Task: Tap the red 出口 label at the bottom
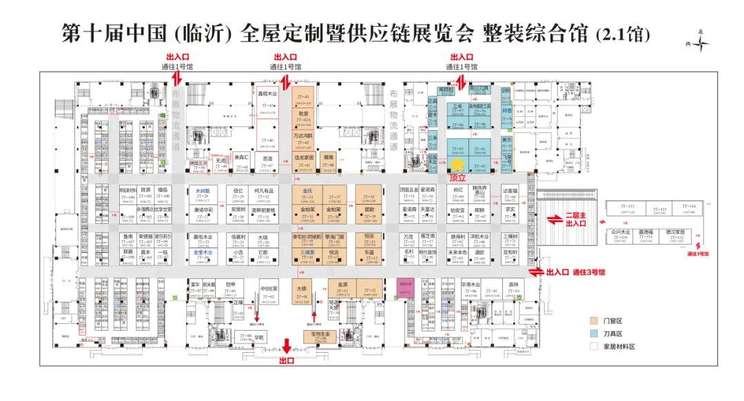[287, 360]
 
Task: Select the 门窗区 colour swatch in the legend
[592, 320]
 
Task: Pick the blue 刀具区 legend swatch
[592, 333]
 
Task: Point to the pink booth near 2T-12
[405, 287]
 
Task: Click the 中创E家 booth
[268, 292]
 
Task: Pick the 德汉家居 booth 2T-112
[671, 234]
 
